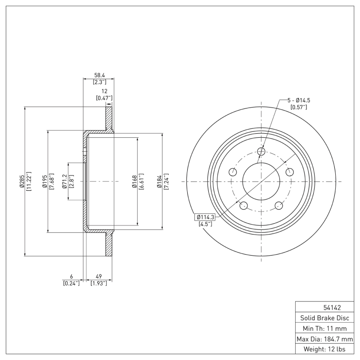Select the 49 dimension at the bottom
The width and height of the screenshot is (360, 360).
point(99,276)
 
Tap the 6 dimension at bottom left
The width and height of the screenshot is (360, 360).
point(71,276)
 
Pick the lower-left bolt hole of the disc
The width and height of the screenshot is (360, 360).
point(244,206)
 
